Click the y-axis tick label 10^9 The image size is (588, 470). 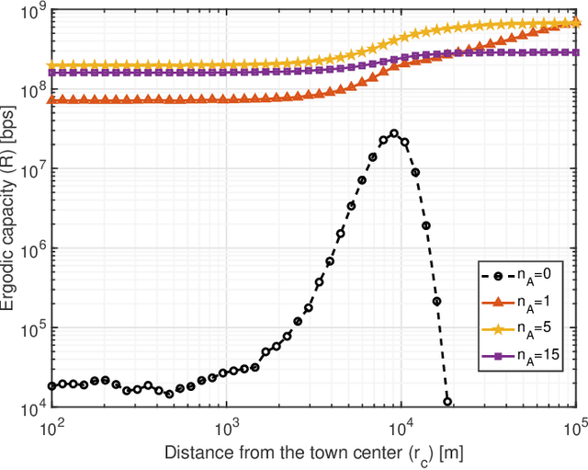(x=33, y=12)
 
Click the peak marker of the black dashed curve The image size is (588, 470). (x=394, y=133)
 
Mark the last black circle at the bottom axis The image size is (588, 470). (x=447, y=401)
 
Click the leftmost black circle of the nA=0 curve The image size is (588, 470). (x=52, y=386)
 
